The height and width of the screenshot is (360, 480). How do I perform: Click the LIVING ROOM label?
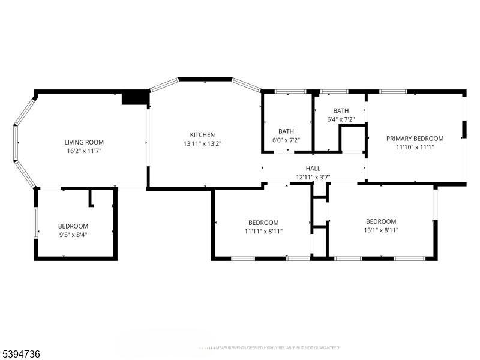point(84,142)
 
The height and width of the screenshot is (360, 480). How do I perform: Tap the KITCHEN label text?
point(202,135)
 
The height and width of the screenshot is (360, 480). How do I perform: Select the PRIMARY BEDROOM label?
point(415,138)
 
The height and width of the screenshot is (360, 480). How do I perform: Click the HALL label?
point(313,169)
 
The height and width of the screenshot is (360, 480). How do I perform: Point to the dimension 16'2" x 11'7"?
point(84,151)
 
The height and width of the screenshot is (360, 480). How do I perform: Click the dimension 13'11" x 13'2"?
point(202,144)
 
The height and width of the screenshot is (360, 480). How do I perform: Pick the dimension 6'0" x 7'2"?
point(286,140)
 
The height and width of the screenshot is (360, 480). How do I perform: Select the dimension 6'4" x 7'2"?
point(341,119)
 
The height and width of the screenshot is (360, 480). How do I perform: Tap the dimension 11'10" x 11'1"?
point(415,147)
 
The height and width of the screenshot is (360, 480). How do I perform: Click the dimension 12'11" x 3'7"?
point(313,178)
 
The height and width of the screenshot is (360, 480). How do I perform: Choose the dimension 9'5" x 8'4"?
point(73,235)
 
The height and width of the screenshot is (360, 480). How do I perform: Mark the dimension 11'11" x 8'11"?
point(263,231)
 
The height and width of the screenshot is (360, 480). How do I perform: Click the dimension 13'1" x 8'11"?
point(381,230)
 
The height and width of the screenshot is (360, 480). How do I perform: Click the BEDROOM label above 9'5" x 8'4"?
point(73,226)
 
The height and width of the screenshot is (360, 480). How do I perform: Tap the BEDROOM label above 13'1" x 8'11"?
point(381,221)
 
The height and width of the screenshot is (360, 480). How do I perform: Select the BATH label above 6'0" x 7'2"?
point(286,131)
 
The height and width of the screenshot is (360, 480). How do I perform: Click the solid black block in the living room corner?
point(135,98)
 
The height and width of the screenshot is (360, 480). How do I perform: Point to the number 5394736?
point(21,355)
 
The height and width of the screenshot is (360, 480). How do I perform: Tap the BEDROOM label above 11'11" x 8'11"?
point(263,222)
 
